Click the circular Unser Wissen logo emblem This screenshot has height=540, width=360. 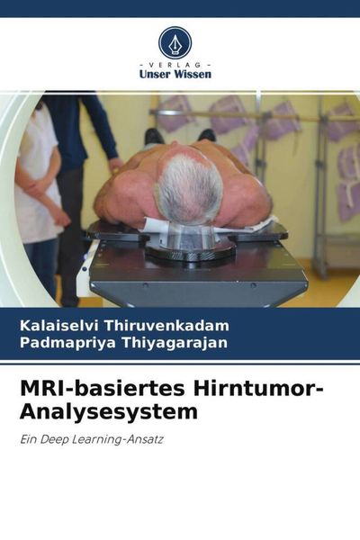click(x=175, y=41)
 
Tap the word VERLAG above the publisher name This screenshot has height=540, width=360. click(x=175, y=65)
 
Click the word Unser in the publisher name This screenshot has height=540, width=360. click(x=154, y=75)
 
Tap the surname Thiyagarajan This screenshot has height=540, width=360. click(x=175, y=342)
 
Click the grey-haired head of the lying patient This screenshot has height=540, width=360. click(x=188, y=188)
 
